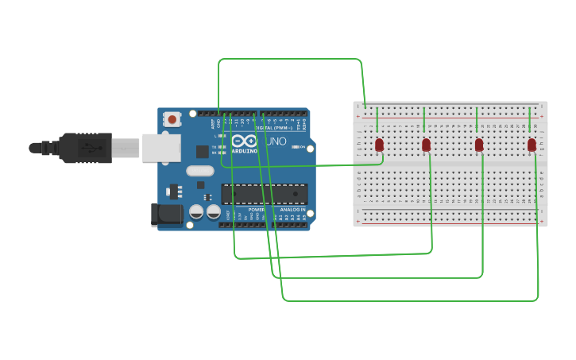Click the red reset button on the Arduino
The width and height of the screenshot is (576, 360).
172,119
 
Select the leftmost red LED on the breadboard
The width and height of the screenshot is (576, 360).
379,145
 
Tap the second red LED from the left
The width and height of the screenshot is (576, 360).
426,145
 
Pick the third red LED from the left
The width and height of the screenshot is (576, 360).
479,145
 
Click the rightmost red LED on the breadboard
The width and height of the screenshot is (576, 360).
532,145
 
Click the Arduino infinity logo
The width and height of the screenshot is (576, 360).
245,141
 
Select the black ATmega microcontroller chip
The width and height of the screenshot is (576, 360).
264,194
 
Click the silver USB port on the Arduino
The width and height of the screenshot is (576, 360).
161,148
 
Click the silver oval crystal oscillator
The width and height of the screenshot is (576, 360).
200,170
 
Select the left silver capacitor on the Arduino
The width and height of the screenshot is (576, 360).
196,212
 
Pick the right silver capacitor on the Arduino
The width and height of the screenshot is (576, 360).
214,212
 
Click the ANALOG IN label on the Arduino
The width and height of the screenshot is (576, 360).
292,210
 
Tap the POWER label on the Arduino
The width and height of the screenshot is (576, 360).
256,210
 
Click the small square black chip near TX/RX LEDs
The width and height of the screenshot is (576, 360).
203,151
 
